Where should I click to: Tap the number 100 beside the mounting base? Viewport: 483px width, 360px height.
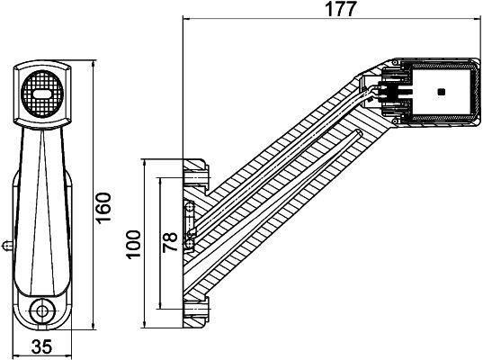[x=133, y=243]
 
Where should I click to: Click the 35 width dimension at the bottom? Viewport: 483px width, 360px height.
[x=41, y=346]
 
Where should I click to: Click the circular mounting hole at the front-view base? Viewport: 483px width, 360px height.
[x=40, y=311]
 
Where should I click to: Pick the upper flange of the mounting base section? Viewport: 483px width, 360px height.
[x=195, y=169]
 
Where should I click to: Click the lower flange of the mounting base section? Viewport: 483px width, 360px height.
[x=195, y=310]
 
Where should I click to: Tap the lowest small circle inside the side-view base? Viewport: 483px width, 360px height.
[x=188, y=244]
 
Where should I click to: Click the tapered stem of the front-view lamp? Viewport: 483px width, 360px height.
[x=41, y=198]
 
